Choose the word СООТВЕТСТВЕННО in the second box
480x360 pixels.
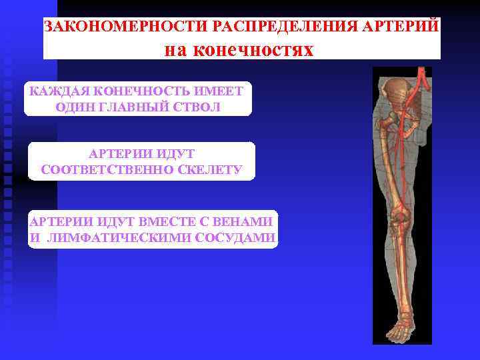click(x=109, y=170)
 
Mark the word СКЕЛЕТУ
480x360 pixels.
click(x=215, y=170)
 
